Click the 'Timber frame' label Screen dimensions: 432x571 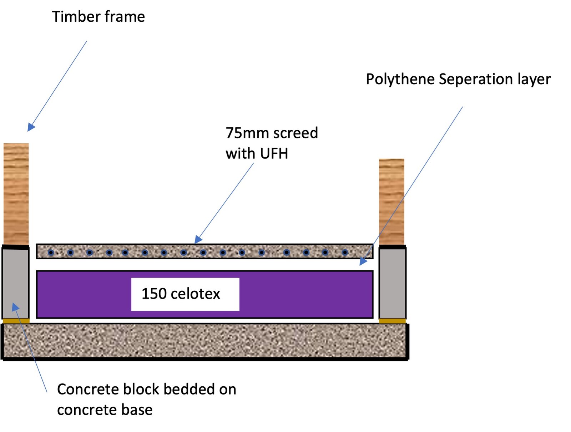pos(98,17)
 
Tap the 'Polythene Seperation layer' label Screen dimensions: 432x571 pos(458,79)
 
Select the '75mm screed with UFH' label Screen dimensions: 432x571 pos(271,143)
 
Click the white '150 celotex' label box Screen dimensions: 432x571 pos(185,294)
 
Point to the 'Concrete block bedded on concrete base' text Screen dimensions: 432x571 pos(146,399)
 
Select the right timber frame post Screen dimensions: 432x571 pos(391,202)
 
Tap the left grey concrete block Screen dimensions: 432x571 pos(16,284)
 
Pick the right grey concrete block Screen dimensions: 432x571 pos(392,284)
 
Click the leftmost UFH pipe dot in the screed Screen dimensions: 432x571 pos(51,253)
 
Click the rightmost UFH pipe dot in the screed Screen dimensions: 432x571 pos(345,253)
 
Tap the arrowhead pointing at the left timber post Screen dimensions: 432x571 pos(31,127)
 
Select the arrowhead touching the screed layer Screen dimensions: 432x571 pos(198,239)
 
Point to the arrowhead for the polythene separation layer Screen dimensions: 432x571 pos(363,262)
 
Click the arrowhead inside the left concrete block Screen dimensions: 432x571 pos(15,306)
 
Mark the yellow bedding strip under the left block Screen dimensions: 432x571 pos(16,321)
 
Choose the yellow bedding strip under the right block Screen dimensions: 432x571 pos(392,321)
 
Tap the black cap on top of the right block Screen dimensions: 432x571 pos(392,247)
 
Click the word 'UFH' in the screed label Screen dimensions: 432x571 pos(274,154)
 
